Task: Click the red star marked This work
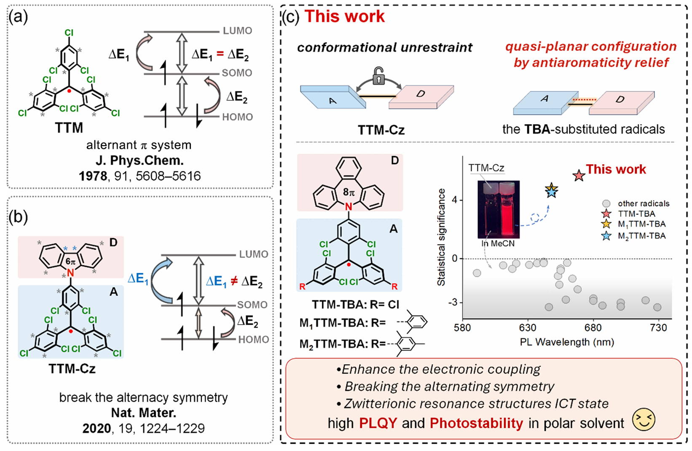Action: [x=579, y=176]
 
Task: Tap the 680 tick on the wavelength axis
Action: [x=593, y=328]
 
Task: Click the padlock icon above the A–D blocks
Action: [x=378, y=77]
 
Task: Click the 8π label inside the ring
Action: [x=349, y=192]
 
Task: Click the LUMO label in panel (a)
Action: [x=237, y=31]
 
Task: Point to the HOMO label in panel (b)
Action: [x=253, y=339]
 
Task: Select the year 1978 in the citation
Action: [x=93, y=176]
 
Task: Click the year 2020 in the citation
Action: [x=97, y=429]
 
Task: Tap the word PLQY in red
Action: [x=378, y=423]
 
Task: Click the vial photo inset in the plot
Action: [x=499, y=209]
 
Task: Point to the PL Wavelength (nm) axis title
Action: [x=566, y=342]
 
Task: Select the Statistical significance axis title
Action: [x=441, y=238]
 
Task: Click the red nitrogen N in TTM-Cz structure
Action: [x=70, y=273]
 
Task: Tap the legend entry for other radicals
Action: [x=643, y=203]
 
